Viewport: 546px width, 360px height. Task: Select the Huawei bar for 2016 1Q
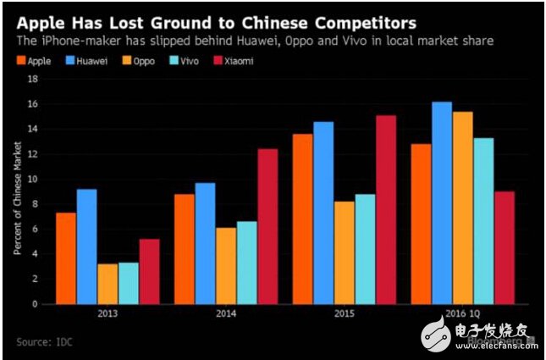click(x=442, y=202)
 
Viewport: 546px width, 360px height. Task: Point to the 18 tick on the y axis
click(x=34, y=79)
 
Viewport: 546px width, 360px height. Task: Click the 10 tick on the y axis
click(x=34, y=179)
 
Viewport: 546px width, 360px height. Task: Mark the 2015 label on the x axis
click(x=344, y=314)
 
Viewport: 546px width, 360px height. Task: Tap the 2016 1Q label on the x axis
click(x=462, y=314)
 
